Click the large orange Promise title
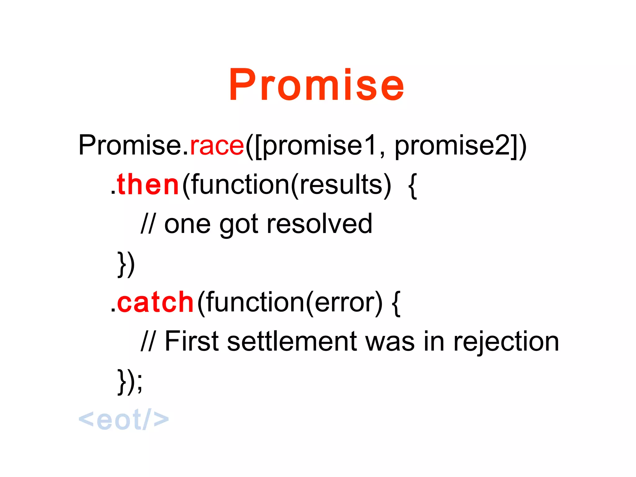tap(316, 84)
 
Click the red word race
tap(217, 145)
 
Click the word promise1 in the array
tap(320, 145)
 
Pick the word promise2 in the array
tap(452, 145)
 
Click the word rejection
tap(506, 342)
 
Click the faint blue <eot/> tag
tap(124, 420)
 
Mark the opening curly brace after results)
tap(412, 186)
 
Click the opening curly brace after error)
tap(396, 303)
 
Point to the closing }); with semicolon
tap(130, 381)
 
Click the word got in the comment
tap(238, 225)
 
